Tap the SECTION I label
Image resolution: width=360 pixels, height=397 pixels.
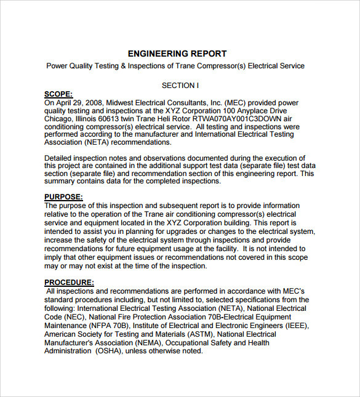(180, 86)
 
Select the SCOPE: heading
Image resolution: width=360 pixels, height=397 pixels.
(58, 94)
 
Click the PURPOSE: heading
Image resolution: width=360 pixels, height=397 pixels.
(63, 197)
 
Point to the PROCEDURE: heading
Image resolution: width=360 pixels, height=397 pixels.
(69, 283)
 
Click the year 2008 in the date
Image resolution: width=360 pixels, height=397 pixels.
(93, 103)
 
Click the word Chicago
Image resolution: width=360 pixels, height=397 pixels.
(58, 119)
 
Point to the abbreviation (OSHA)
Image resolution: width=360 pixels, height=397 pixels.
(108, 351)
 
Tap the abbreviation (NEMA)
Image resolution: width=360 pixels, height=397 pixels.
(143, 343)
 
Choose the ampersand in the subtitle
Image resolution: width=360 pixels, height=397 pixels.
(121, 66)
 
